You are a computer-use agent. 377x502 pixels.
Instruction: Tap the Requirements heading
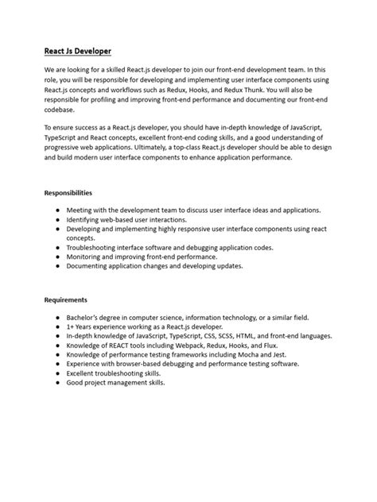tap(65, 299)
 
